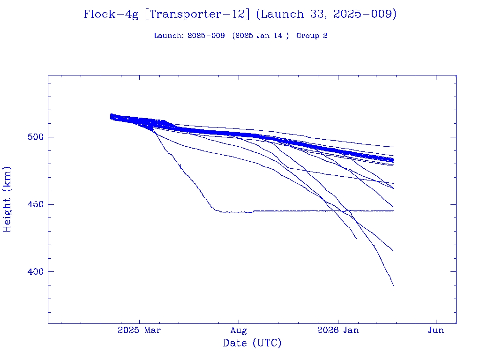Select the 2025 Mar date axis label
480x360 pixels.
click(139, 330)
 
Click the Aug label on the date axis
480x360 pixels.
click(239, 330)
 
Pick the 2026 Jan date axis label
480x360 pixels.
click(337, 330)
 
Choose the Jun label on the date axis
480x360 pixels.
click(436, 330)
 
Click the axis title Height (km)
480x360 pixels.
click(7, 199)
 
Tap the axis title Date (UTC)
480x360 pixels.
click(252, 343)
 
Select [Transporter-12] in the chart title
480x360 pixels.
click(197, 15)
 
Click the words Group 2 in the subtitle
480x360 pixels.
click(312, 36)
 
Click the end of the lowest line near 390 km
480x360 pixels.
click(393, 285)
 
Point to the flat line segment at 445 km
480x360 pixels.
click(305, 211)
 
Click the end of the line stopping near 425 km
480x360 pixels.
click(356, 239)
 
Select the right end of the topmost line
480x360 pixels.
click(393, 147)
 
